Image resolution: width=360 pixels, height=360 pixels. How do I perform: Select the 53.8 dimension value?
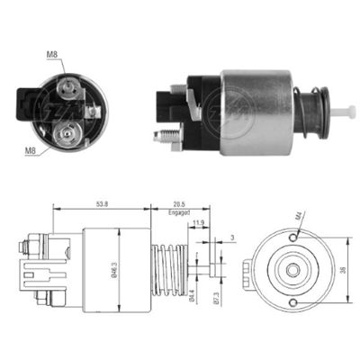coord(99,204)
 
